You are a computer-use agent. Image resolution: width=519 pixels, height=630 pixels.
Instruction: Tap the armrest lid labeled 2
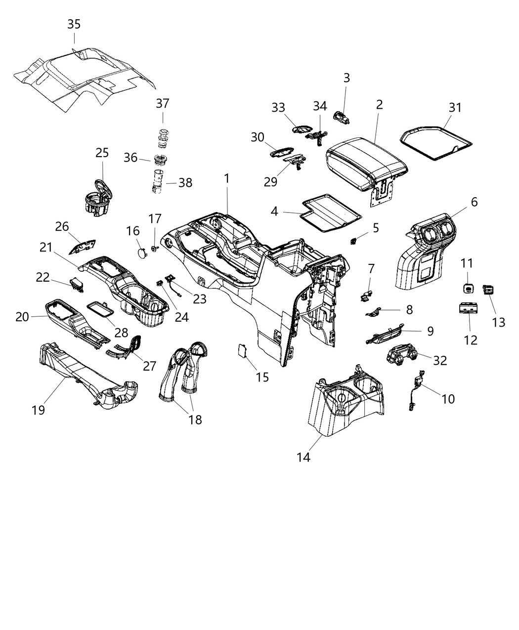[366, 161]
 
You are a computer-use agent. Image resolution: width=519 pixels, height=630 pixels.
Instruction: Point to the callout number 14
[303, 457]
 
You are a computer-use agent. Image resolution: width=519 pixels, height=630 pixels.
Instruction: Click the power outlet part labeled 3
[341, 118]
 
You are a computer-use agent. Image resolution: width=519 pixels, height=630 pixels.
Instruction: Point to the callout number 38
[185, 183]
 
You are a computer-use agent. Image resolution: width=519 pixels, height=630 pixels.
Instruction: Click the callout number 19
[39, 410]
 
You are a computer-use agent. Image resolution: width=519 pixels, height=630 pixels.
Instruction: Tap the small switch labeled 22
[75, 284]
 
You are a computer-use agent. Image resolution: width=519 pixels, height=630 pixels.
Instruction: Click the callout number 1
[227, 178]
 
